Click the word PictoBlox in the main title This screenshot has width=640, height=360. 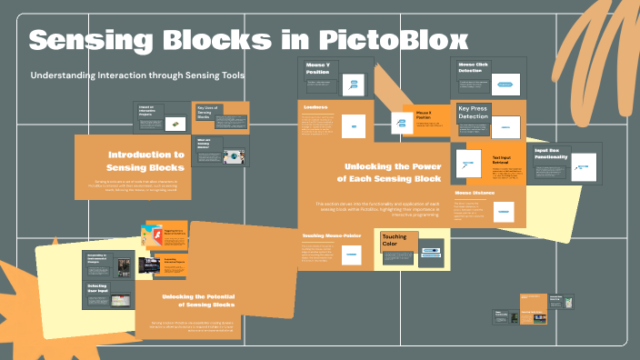click(x=395, y=40)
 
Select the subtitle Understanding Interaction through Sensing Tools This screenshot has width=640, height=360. click(x=137, y=75)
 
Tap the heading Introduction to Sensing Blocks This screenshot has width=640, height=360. click(x=145, y=161)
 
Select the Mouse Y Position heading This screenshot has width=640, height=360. click(x=317, y=68)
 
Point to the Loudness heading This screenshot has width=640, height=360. click(x=315, y=106)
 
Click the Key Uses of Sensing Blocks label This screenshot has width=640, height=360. click(x=211, y=112)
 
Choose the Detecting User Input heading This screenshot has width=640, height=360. click(x=98, y=288)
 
